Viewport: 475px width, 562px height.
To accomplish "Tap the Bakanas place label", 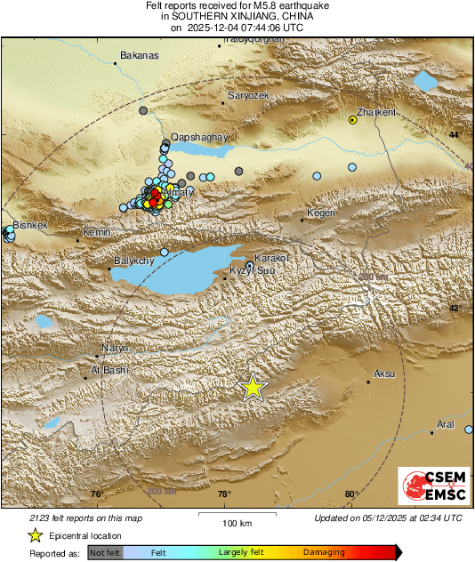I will (139, 55).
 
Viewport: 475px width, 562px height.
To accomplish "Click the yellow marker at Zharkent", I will (353, 121).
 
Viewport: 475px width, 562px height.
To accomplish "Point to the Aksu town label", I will (384, 373).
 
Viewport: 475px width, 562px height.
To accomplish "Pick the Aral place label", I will (446, 424).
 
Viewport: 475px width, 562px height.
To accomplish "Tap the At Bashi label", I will (109, 369).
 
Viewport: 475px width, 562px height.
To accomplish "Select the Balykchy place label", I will (134, 261).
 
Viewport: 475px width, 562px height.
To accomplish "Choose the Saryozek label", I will (248, 95).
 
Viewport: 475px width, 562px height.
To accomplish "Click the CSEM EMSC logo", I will (433, 489).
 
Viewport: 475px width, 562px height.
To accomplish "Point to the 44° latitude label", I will (454, 133).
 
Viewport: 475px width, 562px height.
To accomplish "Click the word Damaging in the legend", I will (324, 552).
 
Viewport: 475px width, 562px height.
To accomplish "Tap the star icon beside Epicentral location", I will (36, 535).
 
